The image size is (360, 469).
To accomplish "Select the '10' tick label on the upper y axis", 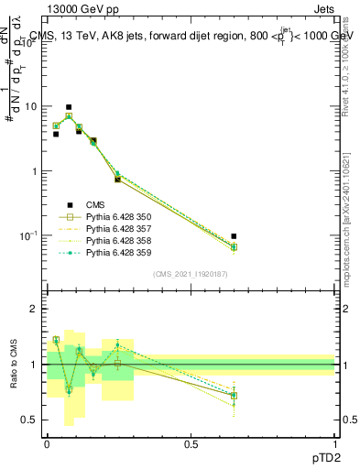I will [x=31, y=106].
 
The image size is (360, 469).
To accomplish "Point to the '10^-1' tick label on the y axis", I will [x=29, y=235].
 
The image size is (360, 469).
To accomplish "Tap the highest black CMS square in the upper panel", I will [x=68, y=107].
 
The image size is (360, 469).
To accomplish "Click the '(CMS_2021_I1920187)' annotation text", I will [x=190, y=274].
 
